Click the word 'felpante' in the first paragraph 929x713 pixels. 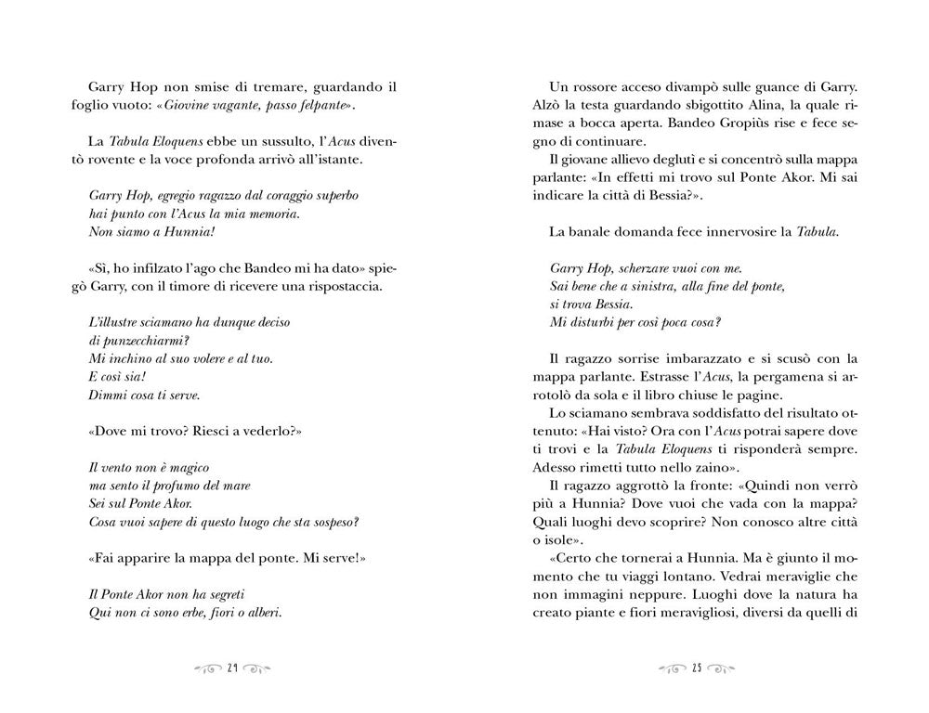click(321, 107)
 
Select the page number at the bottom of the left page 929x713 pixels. click(232, 667)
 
